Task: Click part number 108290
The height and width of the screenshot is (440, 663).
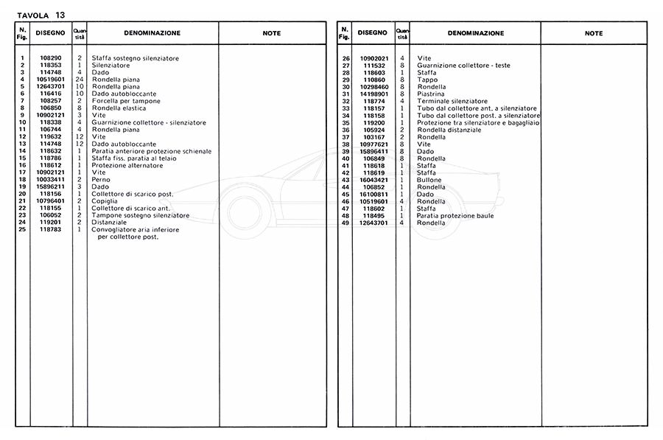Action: pos(51,58)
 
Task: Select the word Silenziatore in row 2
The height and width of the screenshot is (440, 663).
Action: pos(110,65)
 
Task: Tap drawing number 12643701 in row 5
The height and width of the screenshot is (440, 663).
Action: pos(51,86)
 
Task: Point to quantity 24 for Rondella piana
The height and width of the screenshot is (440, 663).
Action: pos(80,79)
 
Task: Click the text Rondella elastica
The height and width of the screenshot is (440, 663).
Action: pos(119,108)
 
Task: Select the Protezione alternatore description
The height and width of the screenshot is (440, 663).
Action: pos(127,166)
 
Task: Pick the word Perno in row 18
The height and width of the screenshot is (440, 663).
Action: pos(101,180)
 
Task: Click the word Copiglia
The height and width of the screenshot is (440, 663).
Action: pos(105,201)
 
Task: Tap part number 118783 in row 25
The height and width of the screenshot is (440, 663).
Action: pos(51,229)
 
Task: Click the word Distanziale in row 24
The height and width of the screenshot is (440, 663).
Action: pos(110,223)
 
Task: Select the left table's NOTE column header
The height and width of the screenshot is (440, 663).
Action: pos(272,33)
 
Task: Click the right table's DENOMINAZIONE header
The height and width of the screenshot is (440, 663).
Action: pos(475,33)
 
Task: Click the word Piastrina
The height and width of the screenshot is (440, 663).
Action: pos(432,94)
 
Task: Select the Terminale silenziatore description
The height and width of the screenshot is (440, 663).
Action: pos(452,101)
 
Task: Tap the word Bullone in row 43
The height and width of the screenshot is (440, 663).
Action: pos(430,180)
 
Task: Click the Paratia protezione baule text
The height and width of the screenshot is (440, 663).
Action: pos(455,216)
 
